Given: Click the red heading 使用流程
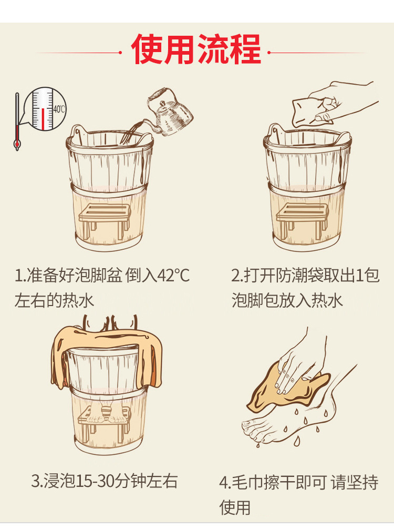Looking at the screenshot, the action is (196, 49).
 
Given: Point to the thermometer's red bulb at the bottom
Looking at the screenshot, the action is (17, 145).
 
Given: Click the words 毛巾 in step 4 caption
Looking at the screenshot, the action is (248, 483).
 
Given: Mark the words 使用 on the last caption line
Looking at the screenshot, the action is (235, 507).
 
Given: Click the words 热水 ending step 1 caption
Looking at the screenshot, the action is (78, 300).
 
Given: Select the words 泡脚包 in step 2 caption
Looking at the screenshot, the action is (255, 300).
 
